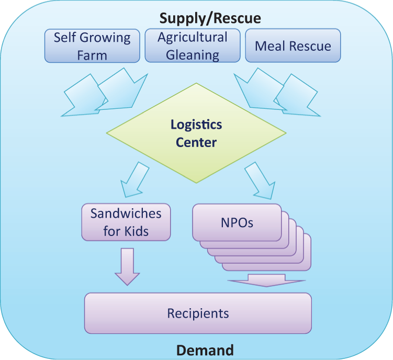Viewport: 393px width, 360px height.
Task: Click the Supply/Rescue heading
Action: click(210, 18)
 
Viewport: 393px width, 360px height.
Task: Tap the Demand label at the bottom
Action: click(205, 350)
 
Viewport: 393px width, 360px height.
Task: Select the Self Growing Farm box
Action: click(92, 46)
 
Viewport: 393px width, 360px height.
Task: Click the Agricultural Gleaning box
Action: click(193, 46)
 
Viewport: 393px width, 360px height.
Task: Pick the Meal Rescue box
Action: click(293, 46)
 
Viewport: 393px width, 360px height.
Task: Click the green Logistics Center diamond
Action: click(196, 133)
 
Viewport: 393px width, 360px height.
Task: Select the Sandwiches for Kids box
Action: click(126, 222)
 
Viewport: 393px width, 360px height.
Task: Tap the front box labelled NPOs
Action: click(237, 222)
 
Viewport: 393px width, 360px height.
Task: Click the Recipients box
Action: click(198, 313)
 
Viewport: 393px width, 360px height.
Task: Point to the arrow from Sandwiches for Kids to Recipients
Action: click(127, 267)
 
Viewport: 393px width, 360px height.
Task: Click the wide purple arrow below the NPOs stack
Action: click(266, 280)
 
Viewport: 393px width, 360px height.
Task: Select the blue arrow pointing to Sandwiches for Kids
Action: click(134, 180)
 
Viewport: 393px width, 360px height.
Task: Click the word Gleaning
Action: click(193, 55)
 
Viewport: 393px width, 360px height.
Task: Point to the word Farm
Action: click(92, 55)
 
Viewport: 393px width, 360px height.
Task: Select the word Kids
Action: click(137, 231)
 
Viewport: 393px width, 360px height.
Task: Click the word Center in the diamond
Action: click(196, 142)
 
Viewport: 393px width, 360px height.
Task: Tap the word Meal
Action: click(270, 46)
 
